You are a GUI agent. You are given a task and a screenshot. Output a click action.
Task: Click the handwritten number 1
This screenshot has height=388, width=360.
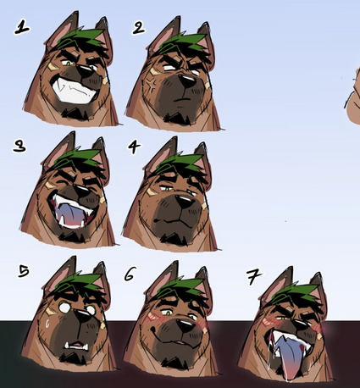22,28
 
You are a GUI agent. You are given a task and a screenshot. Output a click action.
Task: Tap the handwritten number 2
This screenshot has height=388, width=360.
139,28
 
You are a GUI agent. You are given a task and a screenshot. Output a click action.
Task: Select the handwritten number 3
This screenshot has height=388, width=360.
19,147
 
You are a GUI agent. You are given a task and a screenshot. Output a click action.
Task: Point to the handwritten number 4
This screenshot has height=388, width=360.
135,147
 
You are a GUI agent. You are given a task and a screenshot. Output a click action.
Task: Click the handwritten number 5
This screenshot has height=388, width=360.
24,271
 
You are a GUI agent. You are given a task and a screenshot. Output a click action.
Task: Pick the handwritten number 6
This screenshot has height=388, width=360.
130,274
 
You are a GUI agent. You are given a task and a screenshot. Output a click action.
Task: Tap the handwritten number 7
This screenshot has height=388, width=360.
253,277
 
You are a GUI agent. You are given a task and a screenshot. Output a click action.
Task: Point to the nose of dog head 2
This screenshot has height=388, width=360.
187,81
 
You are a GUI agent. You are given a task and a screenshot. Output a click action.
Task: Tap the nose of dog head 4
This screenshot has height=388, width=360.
185,202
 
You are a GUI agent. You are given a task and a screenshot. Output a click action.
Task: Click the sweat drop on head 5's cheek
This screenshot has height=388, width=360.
47,324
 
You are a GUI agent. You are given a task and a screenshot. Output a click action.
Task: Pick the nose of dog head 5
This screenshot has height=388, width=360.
83,315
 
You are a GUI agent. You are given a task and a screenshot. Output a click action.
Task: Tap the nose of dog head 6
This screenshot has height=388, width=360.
186,325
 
